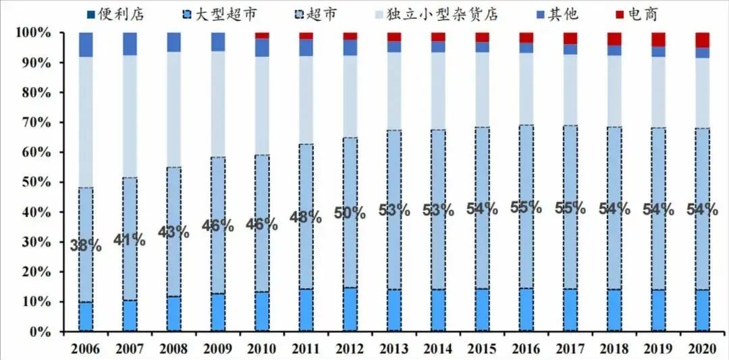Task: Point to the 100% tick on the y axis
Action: (34, 33)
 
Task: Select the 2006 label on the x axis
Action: (85, 349)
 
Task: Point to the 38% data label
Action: (86, 245)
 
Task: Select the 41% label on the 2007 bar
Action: (129, 238)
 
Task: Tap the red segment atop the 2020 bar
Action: (703, 40)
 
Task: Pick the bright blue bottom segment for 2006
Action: (86, 317)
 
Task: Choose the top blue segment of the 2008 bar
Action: (173, 42)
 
